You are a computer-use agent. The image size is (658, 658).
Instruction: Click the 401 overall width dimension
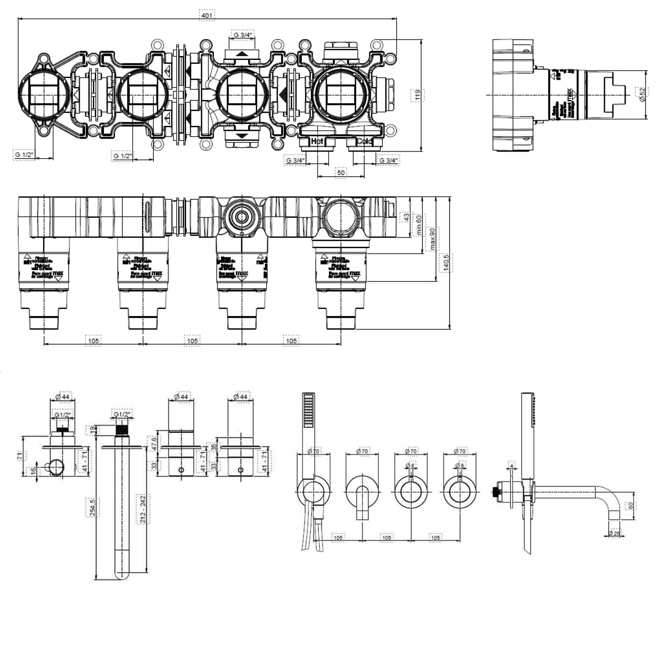pyautogui.click(x=207, y=15)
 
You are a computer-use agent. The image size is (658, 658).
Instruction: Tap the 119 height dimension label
pyautogui.click(x=418, y=95)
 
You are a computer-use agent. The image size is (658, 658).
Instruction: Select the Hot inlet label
pyautogui.click(x=317, y=141)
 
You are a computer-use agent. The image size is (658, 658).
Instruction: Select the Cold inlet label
pyautogui.click(x=365, y=141)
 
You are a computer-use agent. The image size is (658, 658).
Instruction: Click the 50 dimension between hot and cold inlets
pyautogui.click(x=341, y=173)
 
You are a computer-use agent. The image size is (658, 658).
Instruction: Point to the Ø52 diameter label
pyautogui.click(x=642, y=94)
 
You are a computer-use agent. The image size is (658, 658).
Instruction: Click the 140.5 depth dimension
pyautogui.click(x=446, y=262)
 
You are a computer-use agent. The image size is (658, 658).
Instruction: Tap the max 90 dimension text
pyautogui.click(x=433, y=239)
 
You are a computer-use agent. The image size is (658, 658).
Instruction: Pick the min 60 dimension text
pyautogui.click(x=419, y=225)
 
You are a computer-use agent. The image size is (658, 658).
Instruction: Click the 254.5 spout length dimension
pyautogui.click(x=92, y=507)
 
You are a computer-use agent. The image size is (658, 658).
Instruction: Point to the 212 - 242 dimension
pyautogui.click(x=143, y=509)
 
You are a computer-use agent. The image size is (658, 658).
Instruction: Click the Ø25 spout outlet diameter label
pyautogui.click(x=615, y=534)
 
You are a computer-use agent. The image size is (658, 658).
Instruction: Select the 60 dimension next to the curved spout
pyautogui.click(x=630, y=506)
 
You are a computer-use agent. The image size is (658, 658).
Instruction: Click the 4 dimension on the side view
pyautogui.click(x=512, y=466)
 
